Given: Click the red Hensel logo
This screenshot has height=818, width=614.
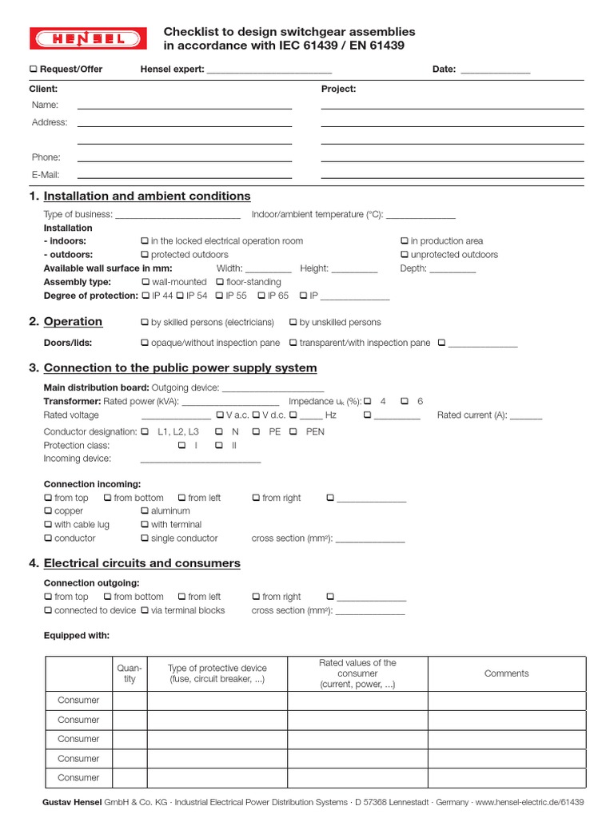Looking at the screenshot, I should click(x=88, y=38).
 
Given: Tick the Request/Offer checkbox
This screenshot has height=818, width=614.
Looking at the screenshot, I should click(x=34, y=69).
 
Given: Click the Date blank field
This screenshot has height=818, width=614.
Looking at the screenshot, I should click(x=495, y=70).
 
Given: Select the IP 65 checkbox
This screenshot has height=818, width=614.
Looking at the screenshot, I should click(x=261, y=296).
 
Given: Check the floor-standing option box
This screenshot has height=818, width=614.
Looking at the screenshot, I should click(x=220, y=282).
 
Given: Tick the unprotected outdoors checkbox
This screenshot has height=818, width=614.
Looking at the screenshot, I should click(x=405, y=255).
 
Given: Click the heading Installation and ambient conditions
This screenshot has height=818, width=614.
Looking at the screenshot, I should click(x=146, y=197).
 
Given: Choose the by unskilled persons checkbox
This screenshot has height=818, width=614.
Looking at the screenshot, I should click(x=293, y=323).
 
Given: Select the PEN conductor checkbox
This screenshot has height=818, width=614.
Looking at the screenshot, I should click(x=293, y=431).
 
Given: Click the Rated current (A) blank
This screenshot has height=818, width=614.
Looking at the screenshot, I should click(x=525, y=416).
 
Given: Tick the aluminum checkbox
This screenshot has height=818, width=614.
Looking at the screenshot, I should click(x=145, y=511).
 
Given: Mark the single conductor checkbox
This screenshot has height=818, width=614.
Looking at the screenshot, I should click(x=145, y=538).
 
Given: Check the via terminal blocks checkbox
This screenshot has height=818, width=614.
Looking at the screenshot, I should click(x=145, y=610).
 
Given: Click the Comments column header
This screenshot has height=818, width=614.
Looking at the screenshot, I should click(x=506, y=673).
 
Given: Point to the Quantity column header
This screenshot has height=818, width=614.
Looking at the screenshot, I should click(x=130, y=673).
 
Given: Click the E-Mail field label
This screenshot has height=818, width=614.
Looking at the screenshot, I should click(x=46, y=175).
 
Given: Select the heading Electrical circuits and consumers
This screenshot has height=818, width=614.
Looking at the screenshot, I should click(x=142, y=563).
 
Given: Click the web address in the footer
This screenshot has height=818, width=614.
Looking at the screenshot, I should click(x=529, y=802).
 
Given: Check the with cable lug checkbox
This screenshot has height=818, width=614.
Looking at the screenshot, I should click(x=48, y=525).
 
